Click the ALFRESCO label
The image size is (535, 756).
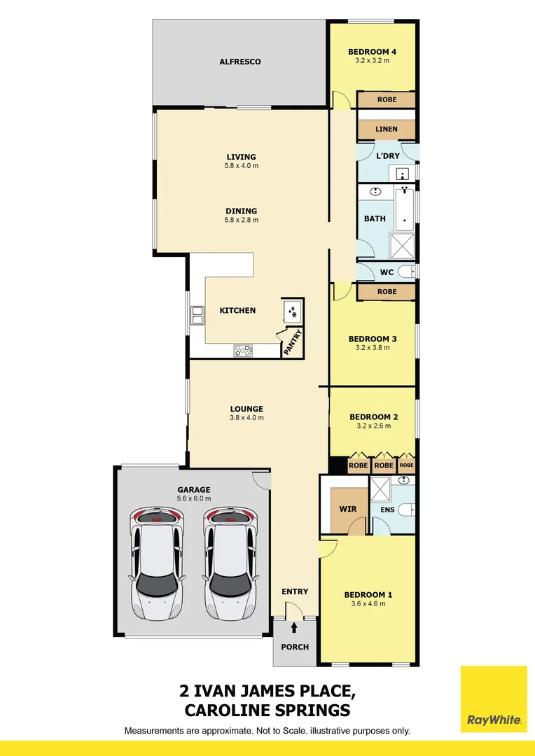[x=240, y=62]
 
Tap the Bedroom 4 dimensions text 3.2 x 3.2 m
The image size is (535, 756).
[x=372, y=61]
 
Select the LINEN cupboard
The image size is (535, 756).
[x=386, y=129]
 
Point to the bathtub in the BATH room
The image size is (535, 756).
[x=405, y=209]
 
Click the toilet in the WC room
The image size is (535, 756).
[x=406, y=272]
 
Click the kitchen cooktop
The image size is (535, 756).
[x=243, y=349]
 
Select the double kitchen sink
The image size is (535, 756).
[x=197, y=316]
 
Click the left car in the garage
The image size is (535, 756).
[x=155, y=563]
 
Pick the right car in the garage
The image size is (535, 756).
[x=230, y=563]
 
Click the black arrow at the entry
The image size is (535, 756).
[x=295, y=627]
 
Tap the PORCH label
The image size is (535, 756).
[x=295, y=647]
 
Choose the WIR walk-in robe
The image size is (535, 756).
[x=348, y=509]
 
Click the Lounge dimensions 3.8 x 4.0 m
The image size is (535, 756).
[x=246, y=418]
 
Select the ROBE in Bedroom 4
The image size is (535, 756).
[x=387, y=99]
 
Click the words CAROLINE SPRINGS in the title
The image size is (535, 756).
[x=267, y=710]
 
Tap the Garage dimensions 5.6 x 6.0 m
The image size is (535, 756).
[x=194, y=498]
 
